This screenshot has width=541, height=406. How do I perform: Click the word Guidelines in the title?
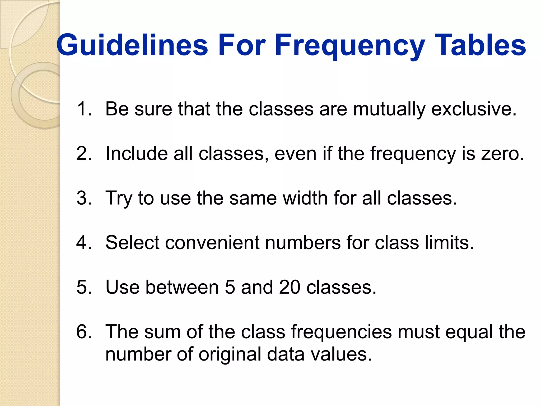(132, 45)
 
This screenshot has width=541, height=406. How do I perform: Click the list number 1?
(84, 109)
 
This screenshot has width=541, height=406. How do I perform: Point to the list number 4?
(84, 243)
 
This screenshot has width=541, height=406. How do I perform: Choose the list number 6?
(84, 332)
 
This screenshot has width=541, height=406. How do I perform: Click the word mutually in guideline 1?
(389, 109)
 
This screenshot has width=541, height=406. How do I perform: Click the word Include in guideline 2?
(136, 154)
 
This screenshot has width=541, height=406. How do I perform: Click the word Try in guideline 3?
(119, 198)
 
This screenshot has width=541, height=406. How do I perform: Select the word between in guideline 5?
(182, 287)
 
